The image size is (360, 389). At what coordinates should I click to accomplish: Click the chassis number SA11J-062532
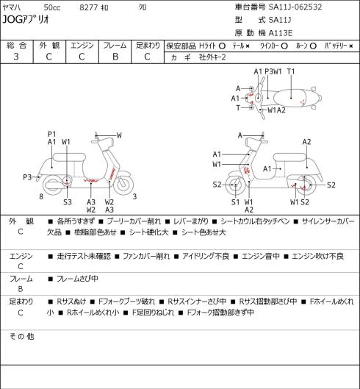point(295,7)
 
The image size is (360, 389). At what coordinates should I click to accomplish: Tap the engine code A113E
point(281,33)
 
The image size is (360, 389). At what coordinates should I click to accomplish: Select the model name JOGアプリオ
point(26,19)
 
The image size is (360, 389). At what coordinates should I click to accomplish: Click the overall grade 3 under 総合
point(16,57)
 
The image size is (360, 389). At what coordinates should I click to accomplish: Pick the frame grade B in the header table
point(115,57)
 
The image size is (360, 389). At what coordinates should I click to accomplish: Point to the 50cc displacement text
point(52,7)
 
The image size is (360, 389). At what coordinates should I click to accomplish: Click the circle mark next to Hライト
point(222,46)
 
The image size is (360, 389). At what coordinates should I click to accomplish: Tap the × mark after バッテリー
point(351,46)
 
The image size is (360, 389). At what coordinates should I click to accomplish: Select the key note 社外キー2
point(212,57)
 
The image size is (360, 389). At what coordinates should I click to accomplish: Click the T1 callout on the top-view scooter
point(291,71)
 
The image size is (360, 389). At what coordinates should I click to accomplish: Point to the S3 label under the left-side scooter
point(68,202)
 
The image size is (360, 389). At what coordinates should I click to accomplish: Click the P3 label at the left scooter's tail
point(27,177)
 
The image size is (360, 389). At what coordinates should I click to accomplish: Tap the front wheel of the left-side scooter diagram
point(123,185)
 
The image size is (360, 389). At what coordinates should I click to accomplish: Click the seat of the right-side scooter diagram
point(289,157)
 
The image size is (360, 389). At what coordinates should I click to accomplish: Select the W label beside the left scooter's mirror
point(119,135)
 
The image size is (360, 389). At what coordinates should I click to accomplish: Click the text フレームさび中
point(77,279)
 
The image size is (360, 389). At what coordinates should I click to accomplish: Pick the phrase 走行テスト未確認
point(84,257)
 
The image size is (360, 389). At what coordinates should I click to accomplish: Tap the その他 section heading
point(21,336)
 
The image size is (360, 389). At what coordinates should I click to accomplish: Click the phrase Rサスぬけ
point(71,301)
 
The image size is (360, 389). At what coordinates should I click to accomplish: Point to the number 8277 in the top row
point(89,7)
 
